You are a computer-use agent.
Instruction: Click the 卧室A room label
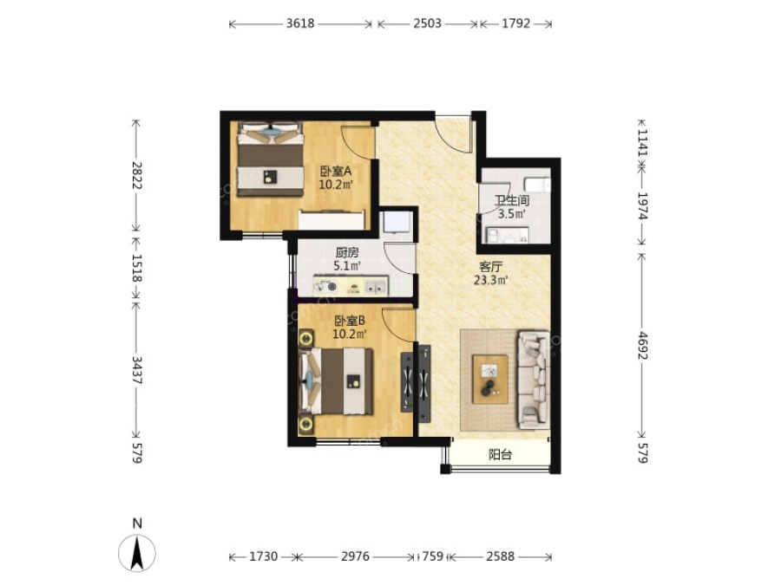pos(336,171)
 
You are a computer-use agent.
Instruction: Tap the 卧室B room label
pos(349,321)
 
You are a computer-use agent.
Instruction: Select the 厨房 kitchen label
pos(347,253)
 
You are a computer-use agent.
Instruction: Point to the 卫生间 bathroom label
pos(511,200)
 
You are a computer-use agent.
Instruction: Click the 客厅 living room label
pos(490,267)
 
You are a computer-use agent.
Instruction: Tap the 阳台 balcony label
pos(500,454)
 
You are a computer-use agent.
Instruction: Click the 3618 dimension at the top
pos(300,23)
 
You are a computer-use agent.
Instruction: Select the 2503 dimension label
pos(427,23)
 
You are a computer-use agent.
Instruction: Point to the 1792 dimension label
pos(516,23)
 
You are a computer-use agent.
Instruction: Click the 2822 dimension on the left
pos(137,175)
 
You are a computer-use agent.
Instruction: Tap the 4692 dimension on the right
pos(642,345)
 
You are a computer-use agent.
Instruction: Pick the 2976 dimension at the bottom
pos(355,556)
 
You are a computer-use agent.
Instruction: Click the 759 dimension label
pos(432,556)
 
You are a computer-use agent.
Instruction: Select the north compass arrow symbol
pos(137,552)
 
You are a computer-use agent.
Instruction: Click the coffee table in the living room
pos(490,380)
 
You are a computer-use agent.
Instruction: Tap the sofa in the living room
pos(534,380)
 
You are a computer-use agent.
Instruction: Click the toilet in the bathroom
pos(538,184)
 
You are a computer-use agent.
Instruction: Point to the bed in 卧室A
pos(271,159)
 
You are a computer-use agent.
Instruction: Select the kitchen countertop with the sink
pos(351,287)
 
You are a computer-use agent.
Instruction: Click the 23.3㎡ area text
pos(490,280)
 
